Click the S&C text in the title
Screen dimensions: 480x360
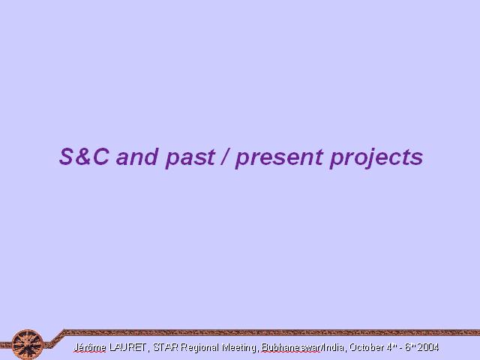(x=84, y=157)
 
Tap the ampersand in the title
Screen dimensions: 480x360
(x=83, y=157)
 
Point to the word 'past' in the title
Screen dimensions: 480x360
(x=190, y=158)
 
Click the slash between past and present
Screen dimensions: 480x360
(x=225, y=157)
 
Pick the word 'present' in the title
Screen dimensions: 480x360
(x=279, y=158)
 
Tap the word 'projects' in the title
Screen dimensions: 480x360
(x=376, y=157)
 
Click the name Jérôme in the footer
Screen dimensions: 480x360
(x=89, y=347)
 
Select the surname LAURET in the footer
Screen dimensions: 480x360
(x=127, y=347)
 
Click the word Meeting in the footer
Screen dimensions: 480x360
(x=238, y=347)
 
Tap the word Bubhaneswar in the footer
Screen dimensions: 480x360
(x=290, y=347)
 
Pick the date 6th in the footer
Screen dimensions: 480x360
(x=410, y=347)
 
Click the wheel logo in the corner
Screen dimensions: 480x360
(x=28, y=344)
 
